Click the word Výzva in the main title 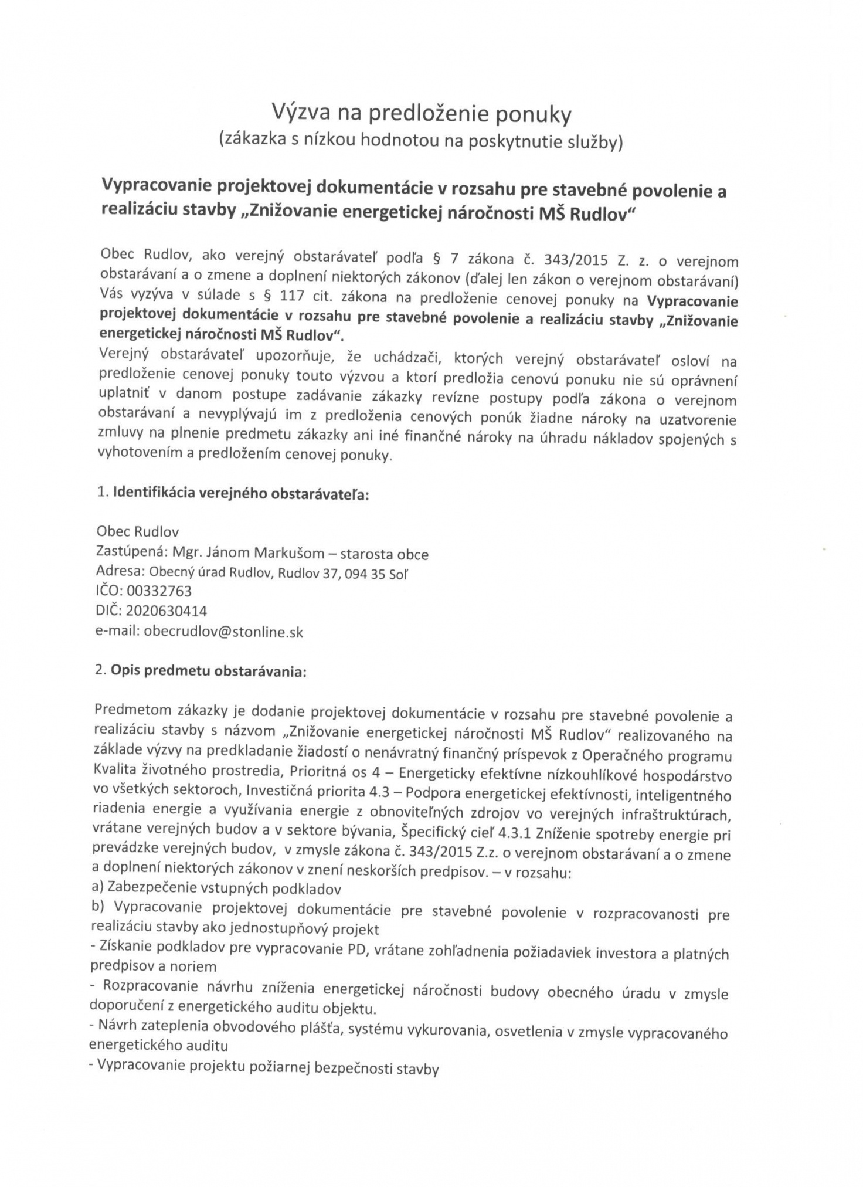pos(298,113)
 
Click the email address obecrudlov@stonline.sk pos(223,632)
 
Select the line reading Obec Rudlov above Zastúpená pos(137,532)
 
